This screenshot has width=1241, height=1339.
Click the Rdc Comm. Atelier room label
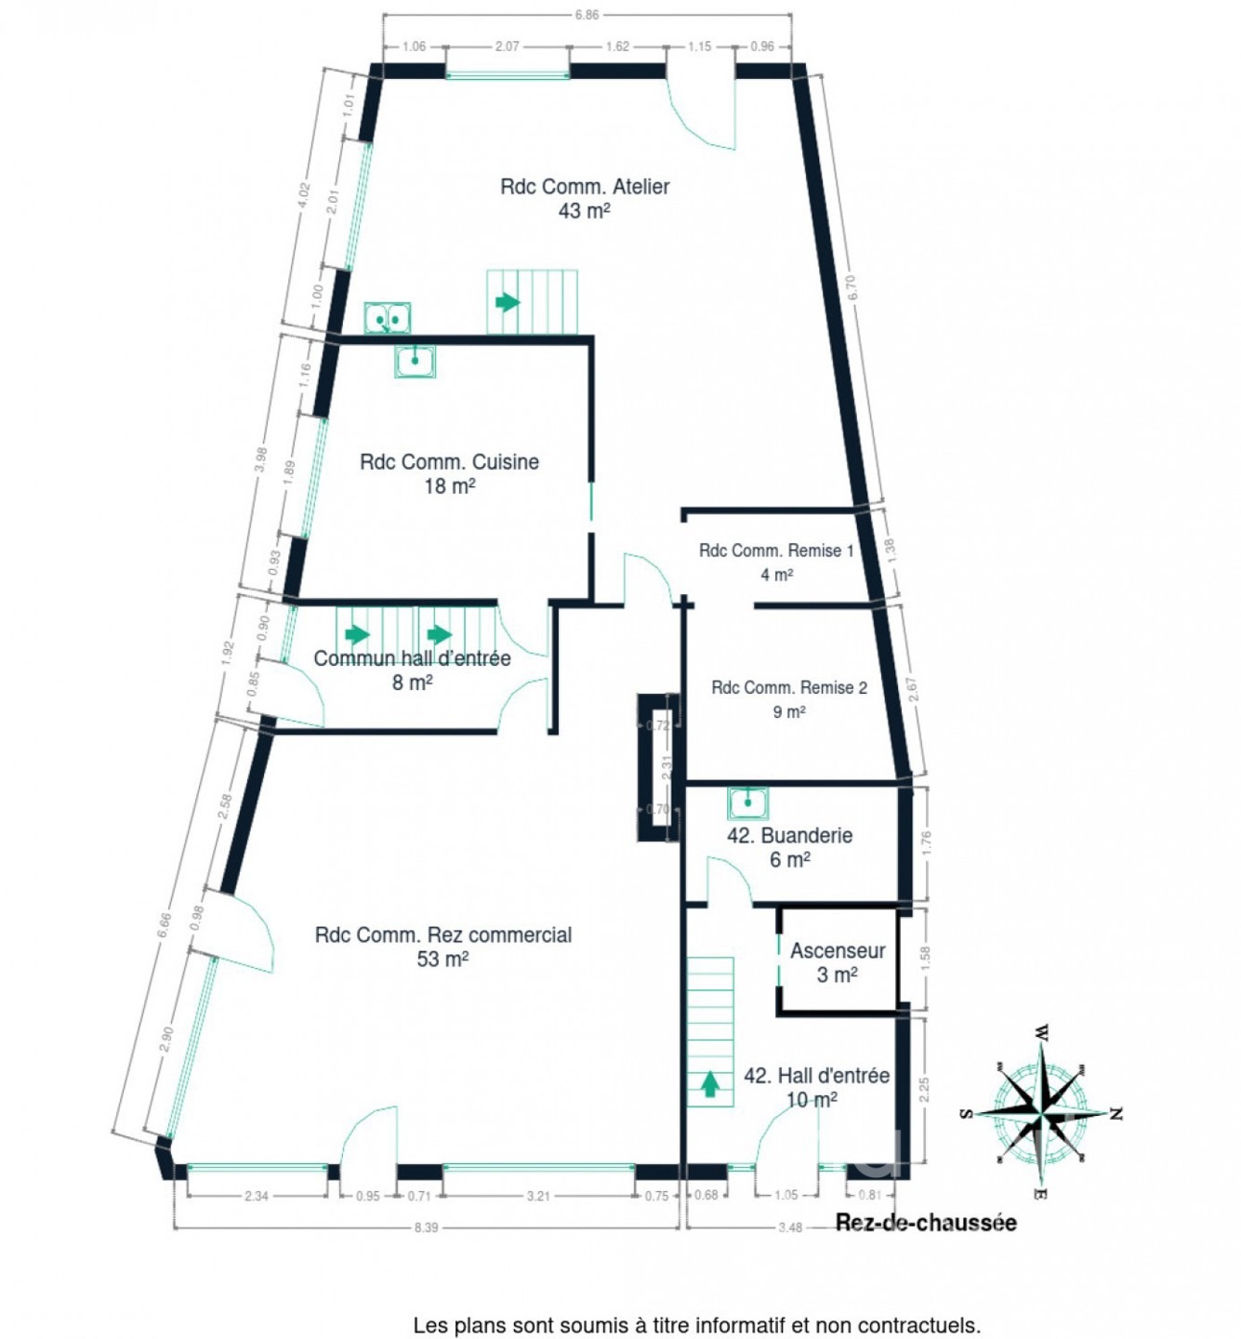585,198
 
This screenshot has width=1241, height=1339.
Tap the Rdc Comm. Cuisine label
449,473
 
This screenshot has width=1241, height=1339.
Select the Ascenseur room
837,962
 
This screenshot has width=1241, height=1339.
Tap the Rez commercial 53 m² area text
442,947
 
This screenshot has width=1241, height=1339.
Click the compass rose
1041,1113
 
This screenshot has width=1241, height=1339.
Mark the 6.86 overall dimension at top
587,15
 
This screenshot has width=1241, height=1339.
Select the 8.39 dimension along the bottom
426,1227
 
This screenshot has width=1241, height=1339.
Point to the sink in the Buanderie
747,802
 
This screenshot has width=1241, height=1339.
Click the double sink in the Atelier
387,319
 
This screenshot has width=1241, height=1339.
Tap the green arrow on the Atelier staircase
507,302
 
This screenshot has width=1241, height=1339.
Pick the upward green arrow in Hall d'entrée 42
710,1083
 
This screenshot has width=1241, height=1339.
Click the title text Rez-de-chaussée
926,1223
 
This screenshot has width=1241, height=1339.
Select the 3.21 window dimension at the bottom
538,1196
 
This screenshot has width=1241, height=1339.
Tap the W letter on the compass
1042,1032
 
